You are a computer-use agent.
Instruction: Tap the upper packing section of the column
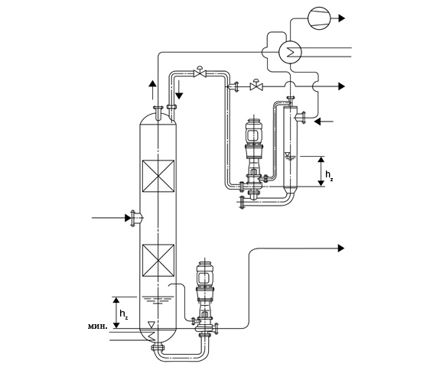click(158, 176)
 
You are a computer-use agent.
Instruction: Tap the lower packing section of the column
click(158, 261)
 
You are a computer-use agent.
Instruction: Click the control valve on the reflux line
click(200, 73)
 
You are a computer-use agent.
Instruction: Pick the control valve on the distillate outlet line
click(256, 86)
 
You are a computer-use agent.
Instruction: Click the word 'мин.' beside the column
click(97, 326)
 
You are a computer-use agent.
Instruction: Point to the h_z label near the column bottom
click(124, 314)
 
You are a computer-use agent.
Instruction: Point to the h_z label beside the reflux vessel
click(329, 175)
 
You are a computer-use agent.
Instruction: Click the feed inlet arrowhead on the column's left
click(128, 218)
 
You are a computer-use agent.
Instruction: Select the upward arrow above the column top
click(152, 89)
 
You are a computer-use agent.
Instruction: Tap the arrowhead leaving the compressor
click(342, 18)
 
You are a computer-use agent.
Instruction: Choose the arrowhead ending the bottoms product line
click(341, 248)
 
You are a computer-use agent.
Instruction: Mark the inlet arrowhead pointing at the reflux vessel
click(317, 121)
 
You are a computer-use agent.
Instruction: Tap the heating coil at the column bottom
click(151, 336)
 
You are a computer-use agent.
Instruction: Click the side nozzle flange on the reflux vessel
click(304, 118)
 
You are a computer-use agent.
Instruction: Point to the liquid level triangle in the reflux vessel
click(288, 154)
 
